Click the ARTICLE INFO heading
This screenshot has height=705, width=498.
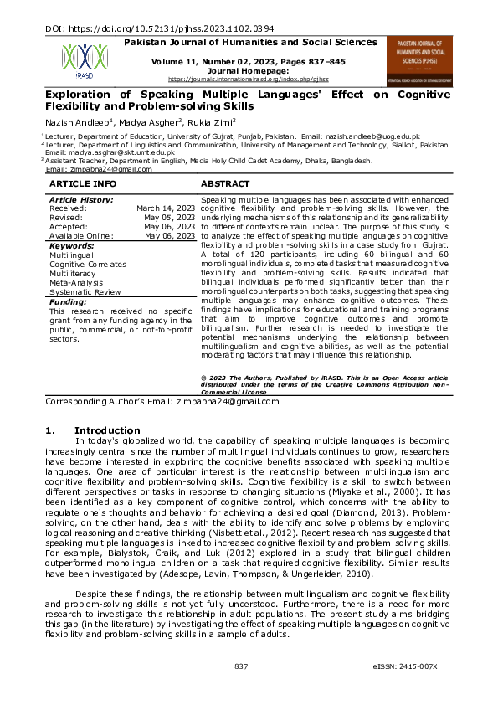click(83, 183)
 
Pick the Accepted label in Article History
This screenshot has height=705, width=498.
click(69, 227)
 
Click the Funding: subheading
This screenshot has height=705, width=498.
click(68, 301)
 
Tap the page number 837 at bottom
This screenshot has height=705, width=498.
click(241, 666)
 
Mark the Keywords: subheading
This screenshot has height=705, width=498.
click(72, 246)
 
